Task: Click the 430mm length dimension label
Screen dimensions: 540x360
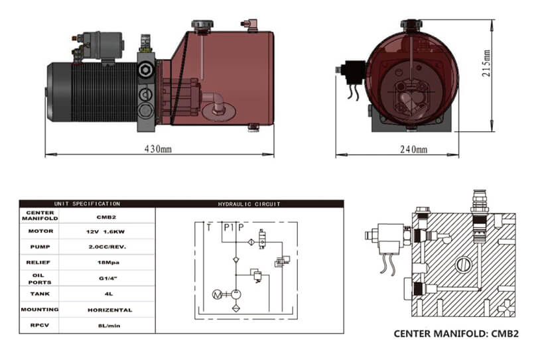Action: (158, 149)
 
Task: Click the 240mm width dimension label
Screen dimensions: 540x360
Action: (413, 149)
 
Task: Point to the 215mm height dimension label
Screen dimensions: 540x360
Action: (486, 64)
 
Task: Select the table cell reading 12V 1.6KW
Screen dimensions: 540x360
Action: (105, 231)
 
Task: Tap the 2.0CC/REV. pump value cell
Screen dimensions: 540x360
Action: (107, 247)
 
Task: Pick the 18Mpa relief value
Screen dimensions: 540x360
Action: (108, 263)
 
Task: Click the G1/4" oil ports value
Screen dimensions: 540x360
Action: (108, 278)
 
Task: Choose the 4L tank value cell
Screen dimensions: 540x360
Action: (109, 294)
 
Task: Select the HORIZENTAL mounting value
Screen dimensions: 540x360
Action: (110, 310)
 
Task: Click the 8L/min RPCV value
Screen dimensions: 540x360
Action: (109, 326)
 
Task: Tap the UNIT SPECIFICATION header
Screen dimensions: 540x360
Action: (87, 204)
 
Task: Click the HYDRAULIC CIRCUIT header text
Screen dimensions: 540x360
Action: (249, 204)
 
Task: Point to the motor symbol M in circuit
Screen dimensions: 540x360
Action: (217, 294)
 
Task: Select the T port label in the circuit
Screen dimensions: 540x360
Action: (209, 227)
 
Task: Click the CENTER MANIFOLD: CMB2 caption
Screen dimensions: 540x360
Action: (456, 334)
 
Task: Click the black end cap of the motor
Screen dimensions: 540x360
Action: (59, 92)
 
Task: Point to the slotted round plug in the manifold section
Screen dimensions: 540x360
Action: (464, 265)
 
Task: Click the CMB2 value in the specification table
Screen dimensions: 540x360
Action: (106, 217)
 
